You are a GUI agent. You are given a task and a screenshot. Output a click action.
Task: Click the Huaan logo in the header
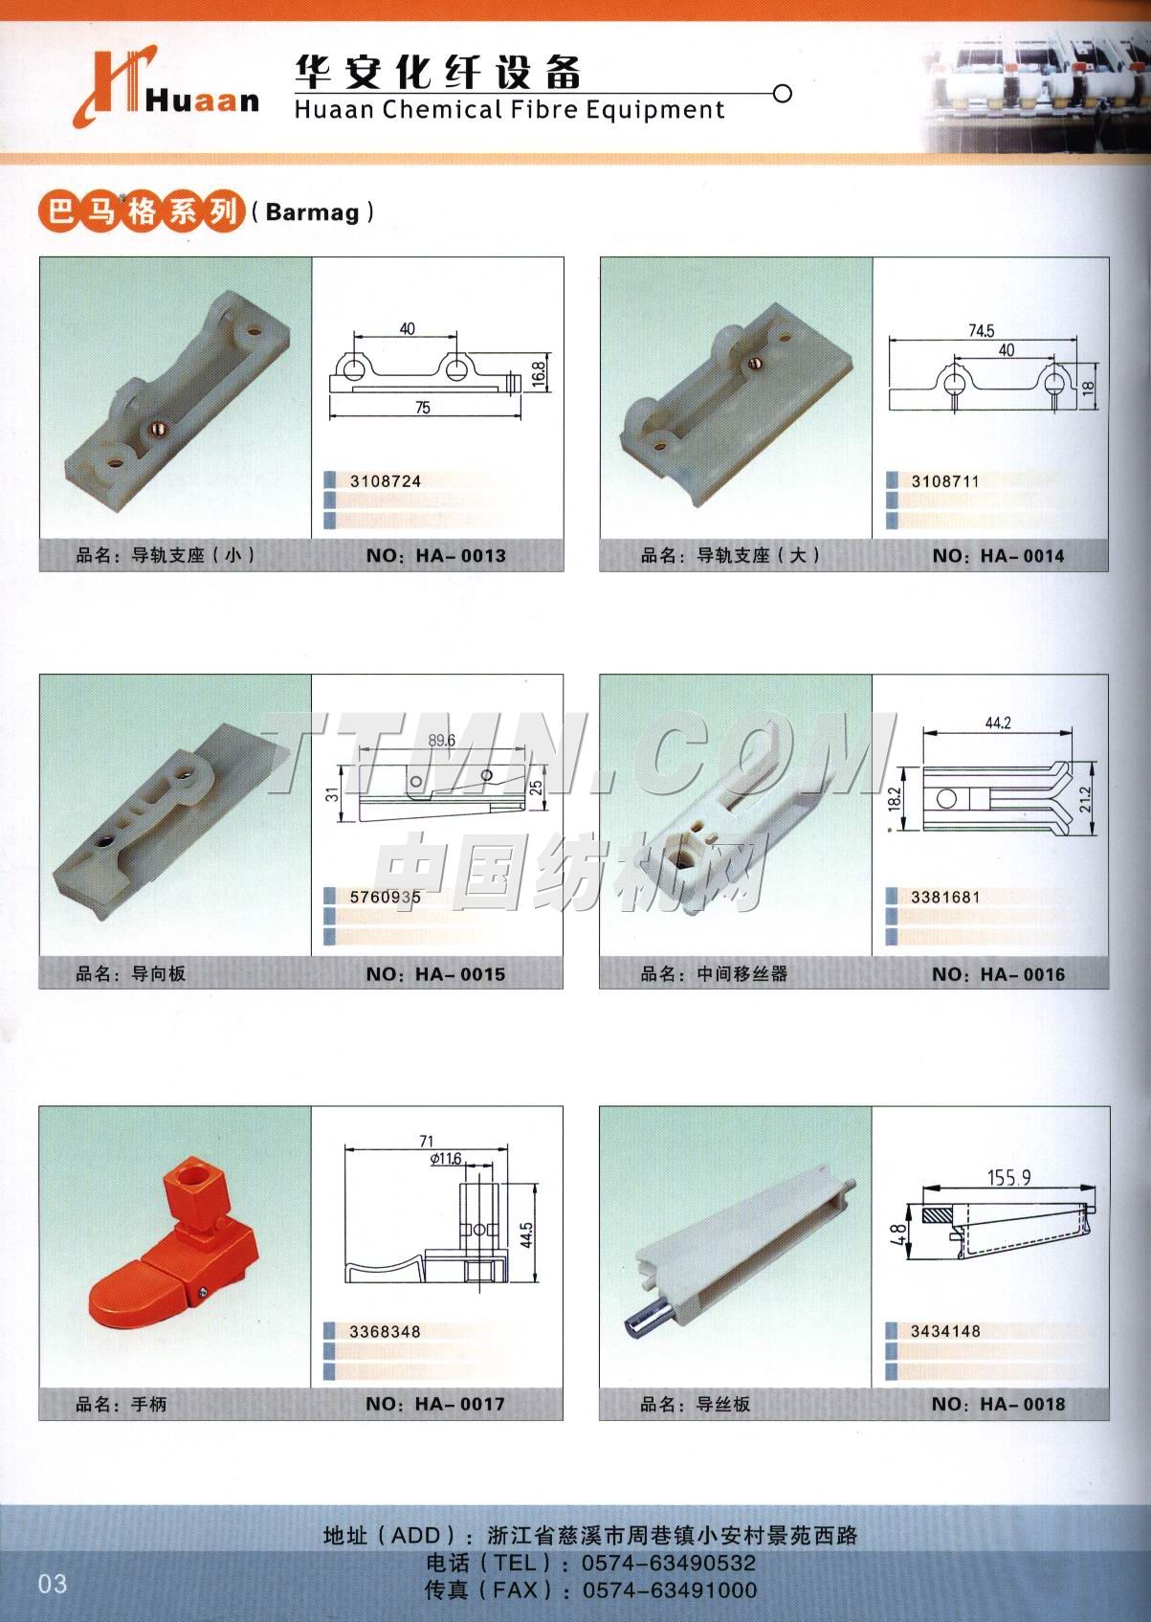pyautogui.click(x=166, y=88)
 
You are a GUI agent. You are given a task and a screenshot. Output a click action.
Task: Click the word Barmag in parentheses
pyautogui.click(x=312, y=211)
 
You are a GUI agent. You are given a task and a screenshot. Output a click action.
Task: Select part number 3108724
pyautogui.click(x=386, y=480)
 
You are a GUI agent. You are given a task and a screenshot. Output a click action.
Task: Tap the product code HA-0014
pyautogui.click(x=1022, y=556)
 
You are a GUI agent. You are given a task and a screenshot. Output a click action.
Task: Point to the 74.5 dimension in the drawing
pyautogui.click(x=981, y=331)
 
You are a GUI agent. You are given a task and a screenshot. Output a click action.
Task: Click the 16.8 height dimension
pyautogui.click(x=538, y=372)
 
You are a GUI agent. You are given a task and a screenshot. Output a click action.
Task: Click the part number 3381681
pyautogui.click(x=945, y=898)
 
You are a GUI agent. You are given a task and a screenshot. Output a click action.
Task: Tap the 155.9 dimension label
pyautogui.click(x=1008, y=1177)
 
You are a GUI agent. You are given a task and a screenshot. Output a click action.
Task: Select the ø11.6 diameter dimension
pyautogui.click(x=445, y=1159)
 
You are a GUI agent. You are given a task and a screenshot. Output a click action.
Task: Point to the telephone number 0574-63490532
pyautogui.click(x=669, y=1563)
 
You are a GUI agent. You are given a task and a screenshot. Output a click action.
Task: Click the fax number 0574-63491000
pyautogui.click(x=670, y=1589)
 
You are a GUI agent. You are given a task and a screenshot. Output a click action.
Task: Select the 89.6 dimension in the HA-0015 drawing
pyautogui.click(x=442, y=740)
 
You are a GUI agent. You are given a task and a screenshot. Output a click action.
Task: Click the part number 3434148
pyautogui.click(x=945, y=1331)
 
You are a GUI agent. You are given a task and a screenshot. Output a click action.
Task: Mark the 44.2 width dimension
pyautogui.click(x=998, y=722)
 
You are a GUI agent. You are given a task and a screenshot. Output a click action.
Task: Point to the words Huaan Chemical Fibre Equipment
pyautogui.click(x=510, y=110)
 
